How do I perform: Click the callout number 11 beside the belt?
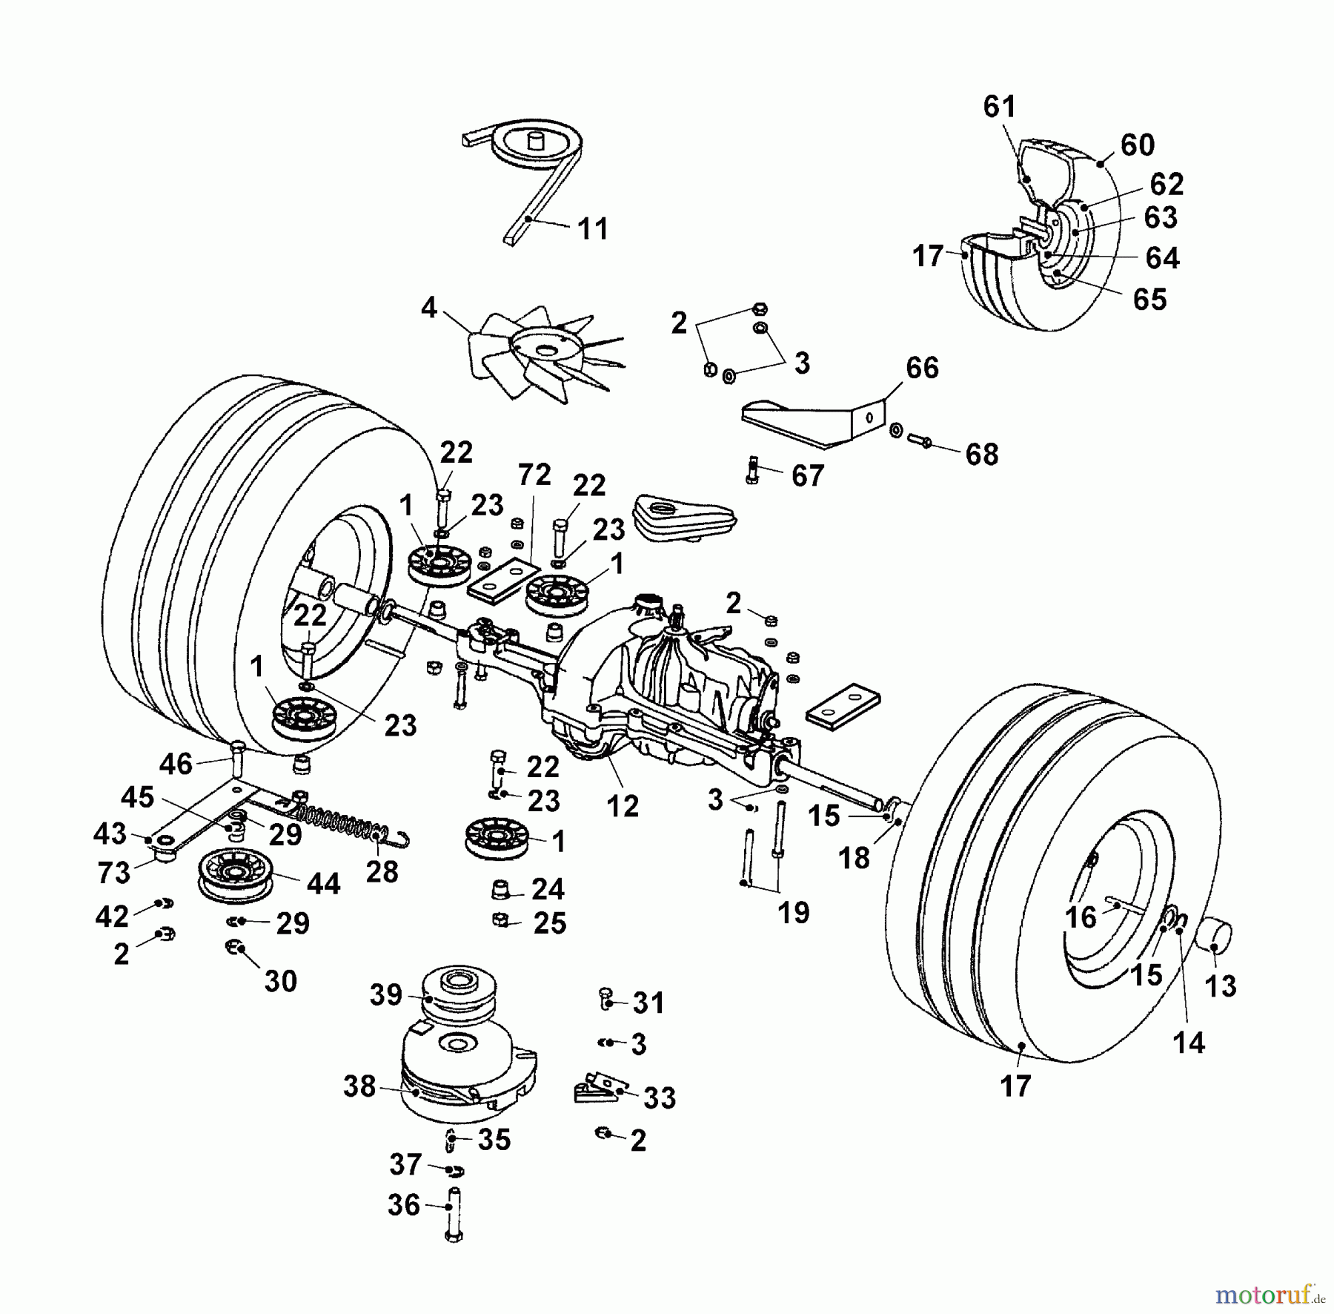point(593,228)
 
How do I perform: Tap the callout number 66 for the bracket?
point(922,368)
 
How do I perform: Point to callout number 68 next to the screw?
point(981,454)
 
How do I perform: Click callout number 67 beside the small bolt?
point(807,475)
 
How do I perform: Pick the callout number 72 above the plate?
point(534,475)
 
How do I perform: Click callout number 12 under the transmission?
point(622,806)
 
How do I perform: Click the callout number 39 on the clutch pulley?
point(386,994)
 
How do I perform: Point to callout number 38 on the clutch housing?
point(359,1087)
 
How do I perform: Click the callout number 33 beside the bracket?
point(660,1097)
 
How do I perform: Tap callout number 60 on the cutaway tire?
point(1137,145)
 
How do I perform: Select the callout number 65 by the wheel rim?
point(1149,300)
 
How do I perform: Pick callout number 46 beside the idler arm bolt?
point(176,764)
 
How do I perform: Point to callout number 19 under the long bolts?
point(793,912)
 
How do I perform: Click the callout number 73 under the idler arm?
point(113,872)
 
